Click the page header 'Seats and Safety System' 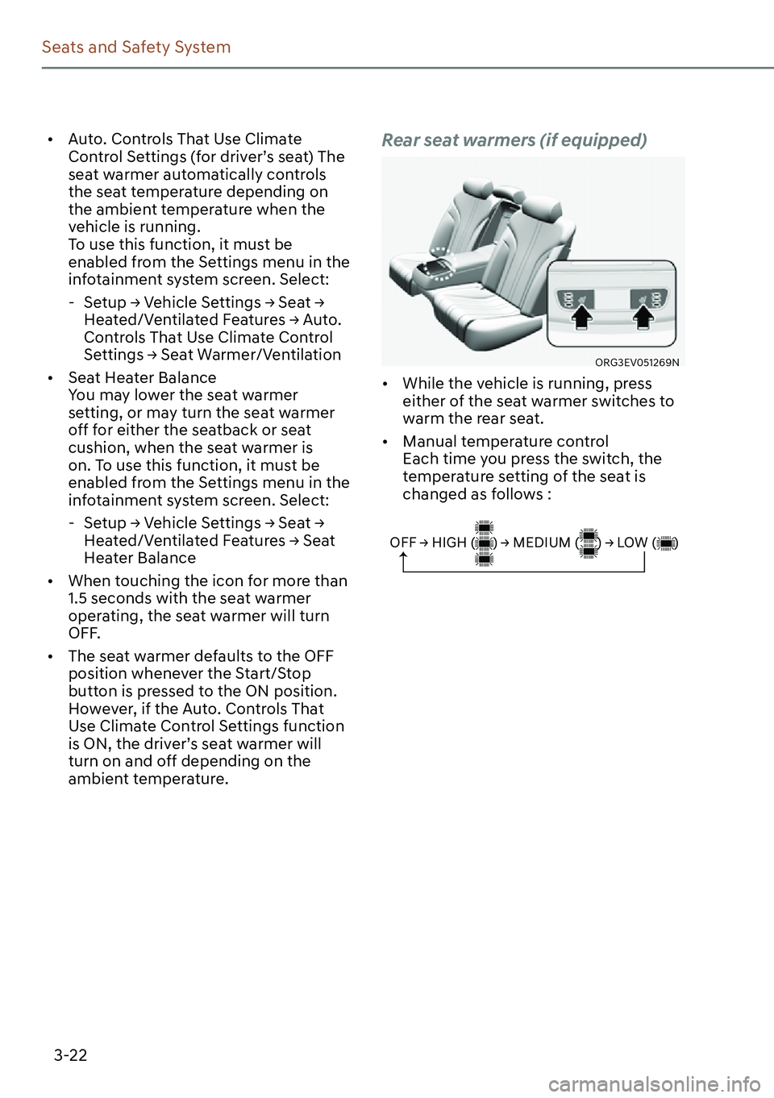136,48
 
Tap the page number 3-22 70,1055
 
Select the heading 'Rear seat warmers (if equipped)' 514,140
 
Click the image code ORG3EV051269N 637,363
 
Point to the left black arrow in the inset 581,317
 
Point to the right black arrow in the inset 643,317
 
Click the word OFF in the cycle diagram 402,543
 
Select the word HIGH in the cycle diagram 449,543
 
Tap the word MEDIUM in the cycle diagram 541,543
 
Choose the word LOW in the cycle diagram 632,543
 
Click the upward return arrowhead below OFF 403,555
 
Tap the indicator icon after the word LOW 666,543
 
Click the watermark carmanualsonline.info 654,1083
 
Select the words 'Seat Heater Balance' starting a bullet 142,378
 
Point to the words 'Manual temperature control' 506,442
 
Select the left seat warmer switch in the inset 575,300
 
